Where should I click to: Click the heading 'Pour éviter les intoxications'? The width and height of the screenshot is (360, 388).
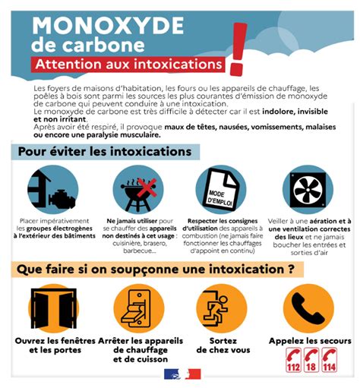tap(105, 152)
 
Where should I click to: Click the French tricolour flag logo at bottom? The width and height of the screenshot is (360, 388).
tap(180, 374)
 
